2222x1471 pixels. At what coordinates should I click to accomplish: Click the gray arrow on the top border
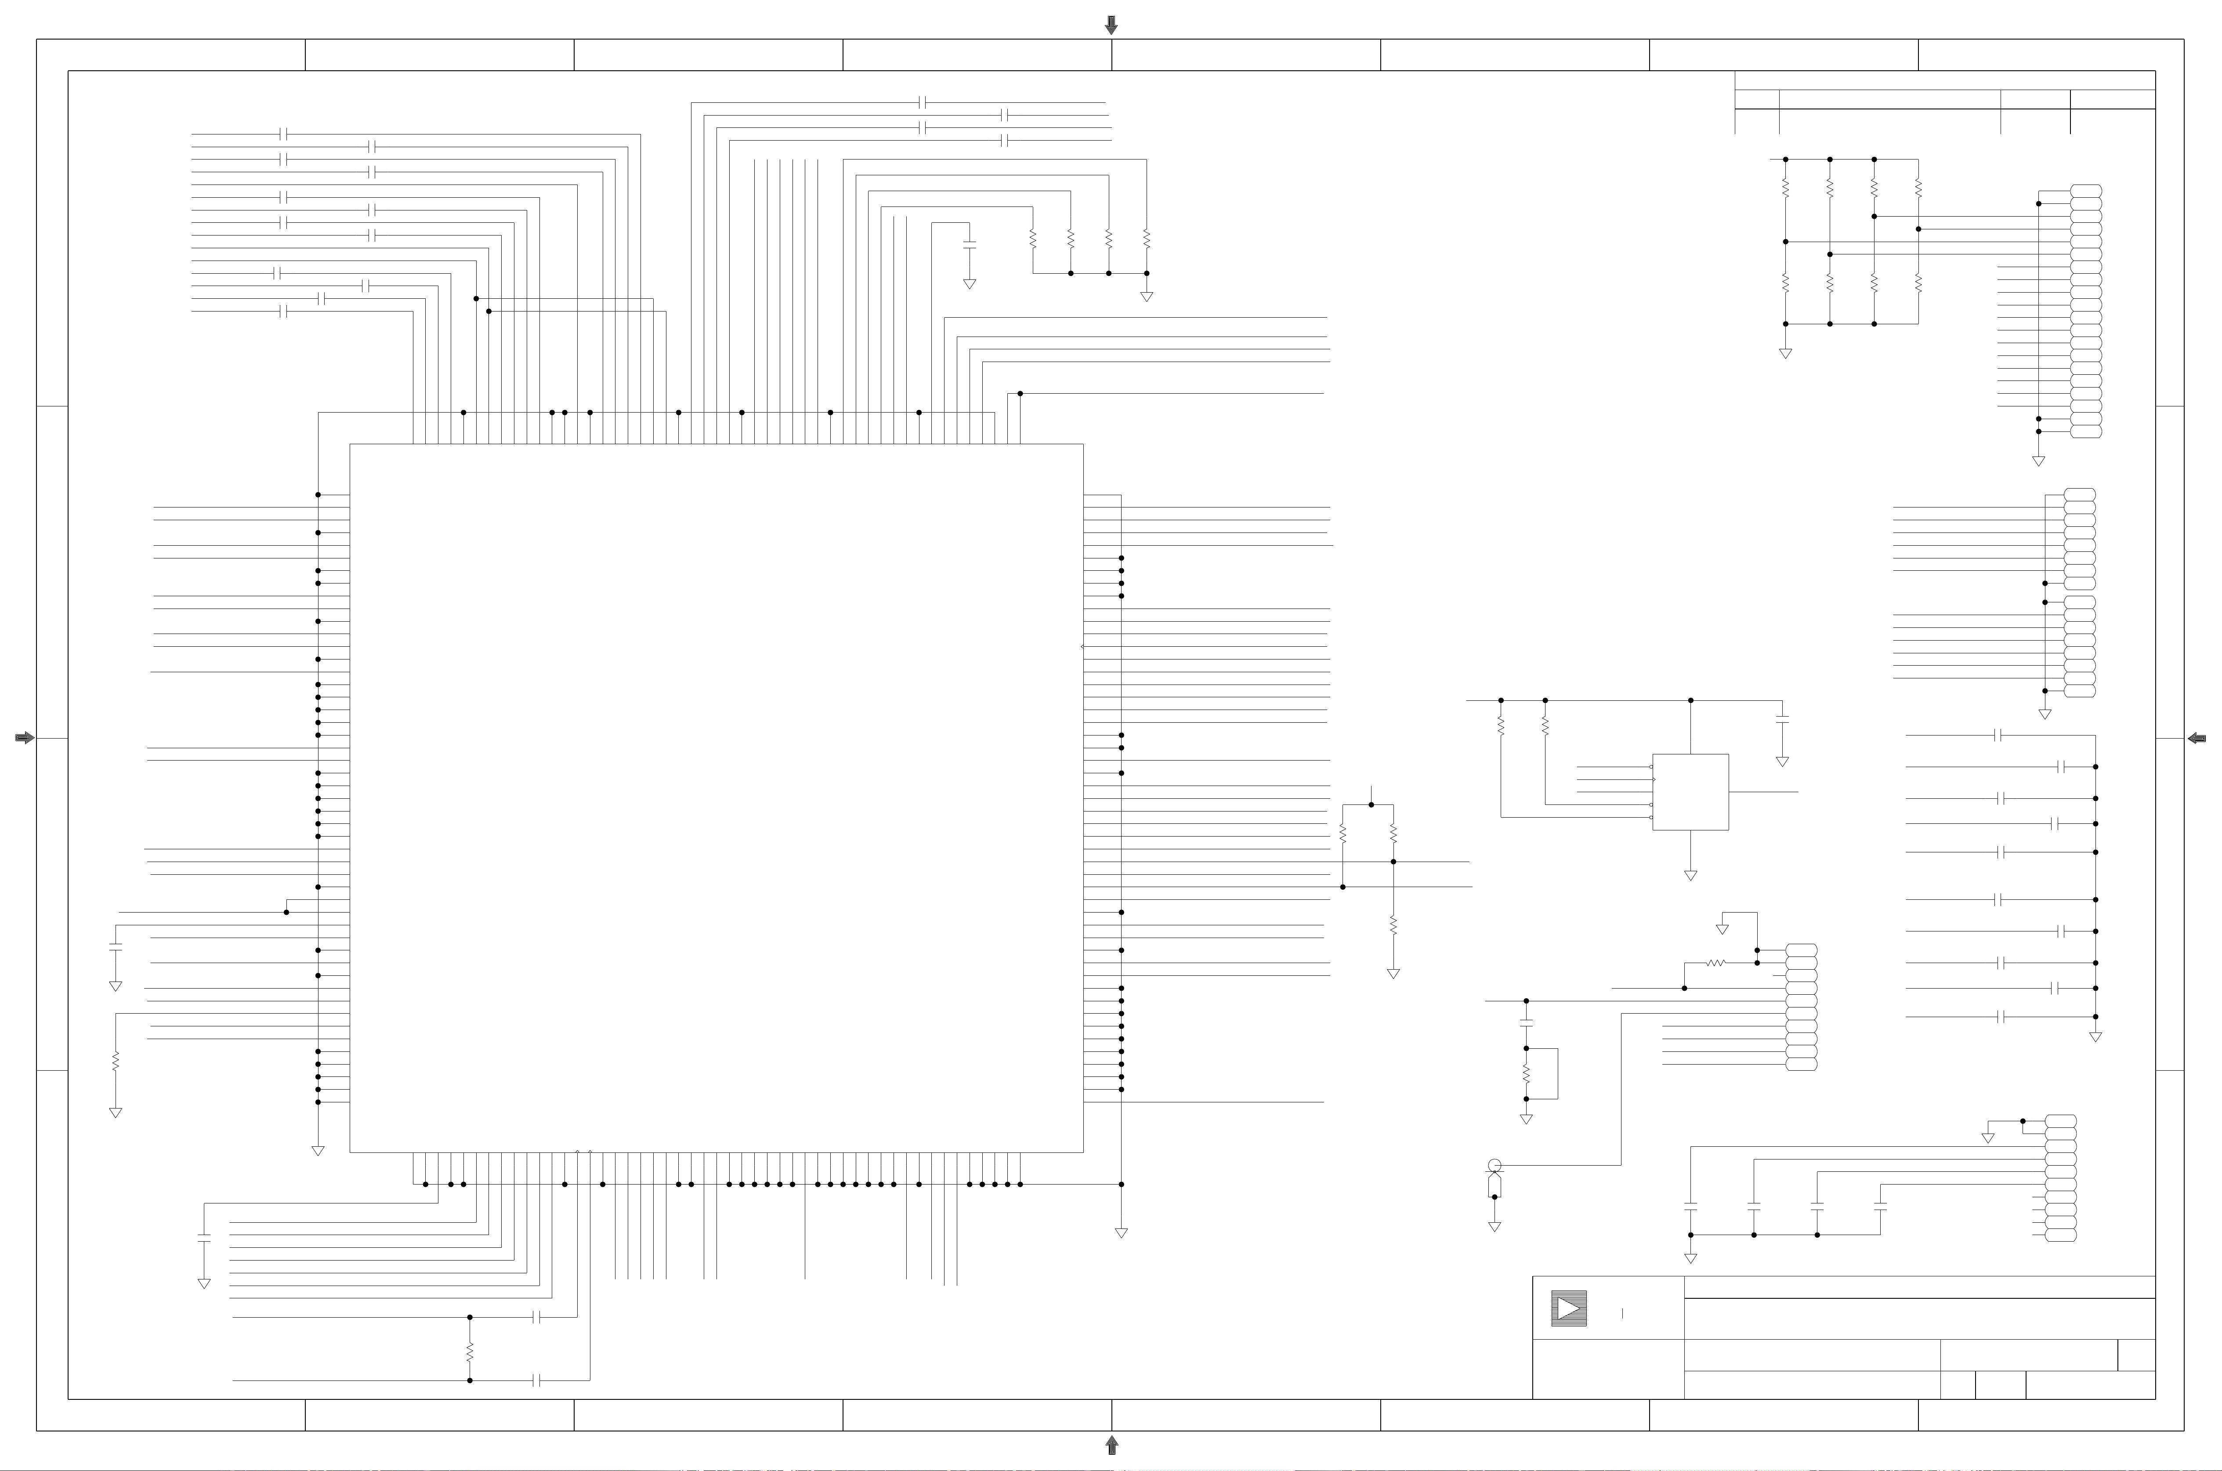click(x=1111, y=25)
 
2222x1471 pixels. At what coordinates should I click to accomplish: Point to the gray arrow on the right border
click(x=2197, y=738)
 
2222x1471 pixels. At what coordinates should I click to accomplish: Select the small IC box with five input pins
click(x=1690, y=792)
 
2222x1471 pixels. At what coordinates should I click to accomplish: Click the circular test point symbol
click(x=1494, y=1166)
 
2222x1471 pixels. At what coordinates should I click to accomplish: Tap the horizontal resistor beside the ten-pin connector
click(x=1715, y=963)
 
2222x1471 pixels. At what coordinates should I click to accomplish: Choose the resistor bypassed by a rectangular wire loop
click(x=1526, y=1073)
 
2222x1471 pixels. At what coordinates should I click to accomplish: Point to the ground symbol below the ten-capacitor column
click(x=2095, y=1036)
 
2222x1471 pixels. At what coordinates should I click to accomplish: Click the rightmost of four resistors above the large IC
click(x=1146, y=239)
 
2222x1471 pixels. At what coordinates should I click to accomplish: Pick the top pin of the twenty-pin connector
click(x=2086, y=190)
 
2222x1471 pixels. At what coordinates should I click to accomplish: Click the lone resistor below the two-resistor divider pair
click(x=1393, y=926)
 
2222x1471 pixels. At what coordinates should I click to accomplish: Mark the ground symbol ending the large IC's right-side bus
click(x=1121, y=1233)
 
